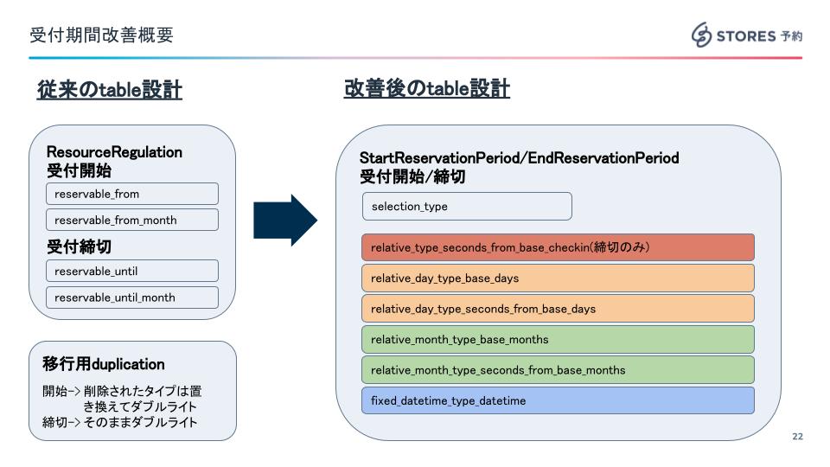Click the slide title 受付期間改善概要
[x=101, y=35]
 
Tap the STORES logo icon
[x=700, y=35]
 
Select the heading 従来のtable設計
[x=109, y=89]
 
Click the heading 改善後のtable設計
[x=426, y=89]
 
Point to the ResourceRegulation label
[x=114, y=152]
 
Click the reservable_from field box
[x=131, y=194]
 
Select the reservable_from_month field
[x=131, y=220]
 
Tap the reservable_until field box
[x=131, y=271]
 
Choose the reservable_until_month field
[x=131, y=297]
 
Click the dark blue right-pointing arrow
[x=284, y=221]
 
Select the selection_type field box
[x=467, y=207]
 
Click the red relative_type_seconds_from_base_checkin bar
[x=557, y=247]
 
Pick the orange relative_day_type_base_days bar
[x=557, y=278]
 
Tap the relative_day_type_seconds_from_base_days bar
[x=557, y=309]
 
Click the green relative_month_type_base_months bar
[x=557, y=339]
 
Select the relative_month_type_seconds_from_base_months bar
[x=557, y=370]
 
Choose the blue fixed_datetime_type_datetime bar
[x=557, y=400]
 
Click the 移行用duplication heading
[x=104, y=364]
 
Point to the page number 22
[x=797, y=437]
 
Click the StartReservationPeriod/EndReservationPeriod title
[x=519, y=158]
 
